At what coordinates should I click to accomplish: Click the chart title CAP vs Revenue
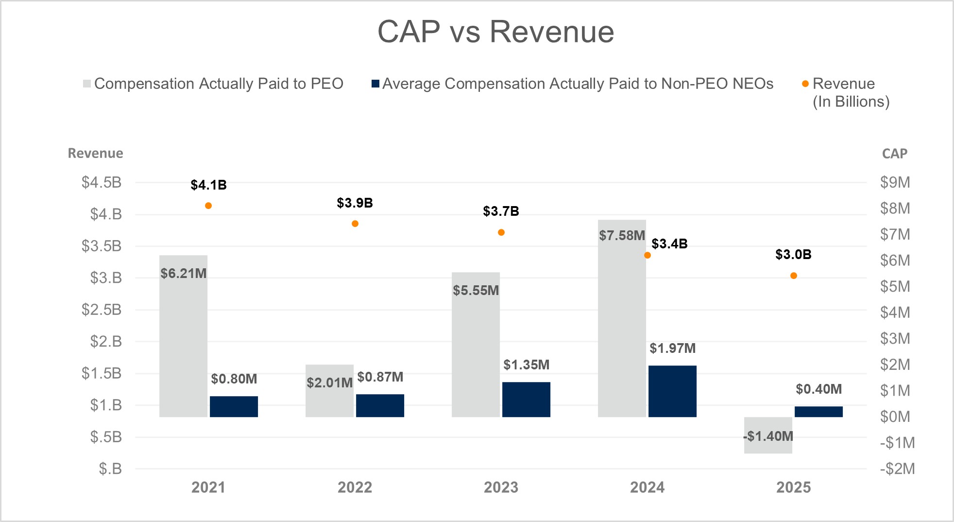pos(495,32)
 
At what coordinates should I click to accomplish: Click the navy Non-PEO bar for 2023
pos(526,400)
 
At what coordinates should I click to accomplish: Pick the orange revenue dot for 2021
pos(208,206)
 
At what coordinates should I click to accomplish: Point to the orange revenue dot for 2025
pos(794,276)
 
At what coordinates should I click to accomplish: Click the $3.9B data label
pos(355,203)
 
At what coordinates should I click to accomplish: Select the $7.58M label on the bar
pos(622,236)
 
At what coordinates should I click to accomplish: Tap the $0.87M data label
pos(380,377)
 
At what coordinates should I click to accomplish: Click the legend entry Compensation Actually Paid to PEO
pos(219,84)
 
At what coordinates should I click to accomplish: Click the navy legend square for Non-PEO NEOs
pos(375,84)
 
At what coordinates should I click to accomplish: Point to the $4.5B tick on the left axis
pos(102,183)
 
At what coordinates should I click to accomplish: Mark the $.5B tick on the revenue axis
pos(105,437)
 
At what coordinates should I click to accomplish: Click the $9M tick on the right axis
pos(895,183)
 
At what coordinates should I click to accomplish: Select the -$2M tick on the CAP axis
pos(897,469)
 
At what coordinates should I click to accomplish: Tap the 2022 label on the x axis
pos(355,487)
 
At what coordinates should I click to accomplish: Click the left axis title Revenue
pos(95,154)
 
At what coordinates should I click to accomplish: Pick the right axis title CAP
pos(894,154)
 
